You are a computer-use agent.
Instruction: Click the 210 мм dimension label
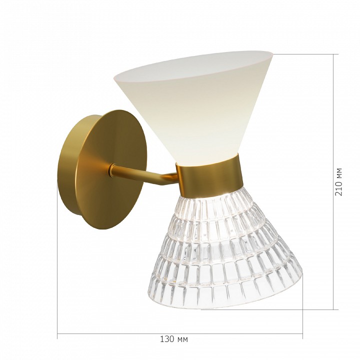(338, 182)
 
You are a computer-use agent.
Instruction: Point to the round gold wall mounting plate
(102, 169)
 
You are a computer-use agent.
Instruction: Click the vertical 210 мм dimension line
(333, 182)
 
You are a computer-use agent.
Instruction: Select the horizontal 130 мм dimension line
(180, 333)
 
